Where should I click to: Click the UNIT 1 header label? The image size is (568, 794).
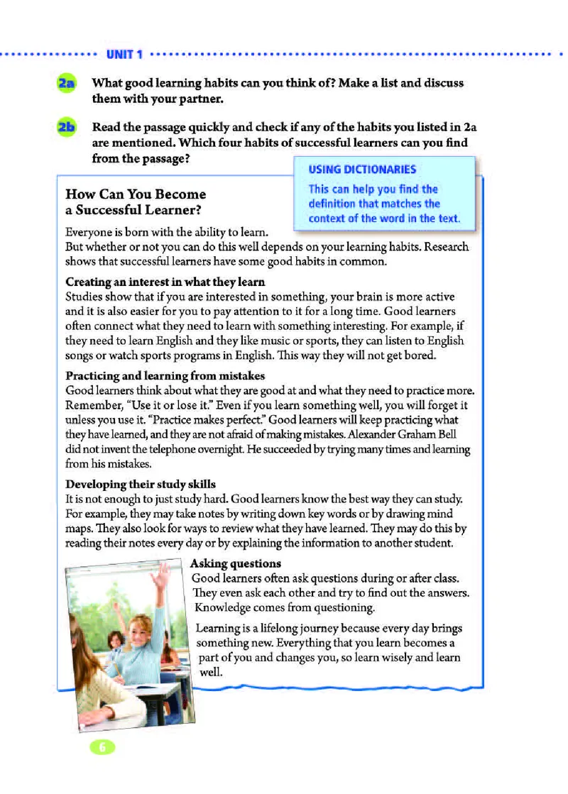(125, 54)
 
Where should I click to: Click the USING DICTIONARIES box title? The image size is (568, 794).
(362, 170)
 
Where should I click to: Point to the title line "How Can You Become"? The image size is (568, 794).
(135, 194)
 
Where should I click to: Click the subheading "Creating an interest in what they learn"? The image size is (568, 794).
(165, 282)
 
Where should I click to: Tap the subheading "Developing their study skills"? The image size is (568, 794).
(141, 485)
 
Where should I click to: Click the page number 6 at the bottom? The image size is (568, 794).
(102, 746)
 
